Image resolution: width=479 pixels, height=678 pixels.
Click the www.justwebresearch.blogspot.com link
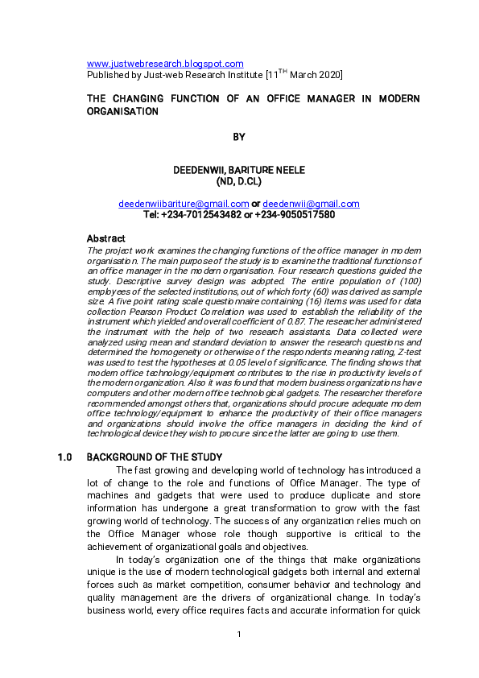165,64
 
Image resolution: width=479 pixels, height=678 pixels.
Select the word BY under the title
239,138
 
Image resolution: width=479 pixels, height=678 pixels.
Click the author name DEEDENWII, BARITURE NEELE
239,171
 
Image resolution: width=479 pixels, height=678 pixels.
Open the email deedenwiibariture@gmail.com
184,204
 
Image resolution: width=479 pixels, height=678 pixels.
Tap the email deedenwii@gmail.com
311,204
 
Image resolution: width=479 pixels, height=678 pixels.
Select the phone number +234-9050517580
295,215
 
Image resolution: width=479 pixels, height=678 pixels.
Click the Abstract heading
105,239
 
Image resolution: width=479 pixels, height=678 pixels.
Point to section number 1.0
65,457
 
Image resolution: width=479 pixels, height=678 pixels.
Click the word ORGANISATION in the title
122,111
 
